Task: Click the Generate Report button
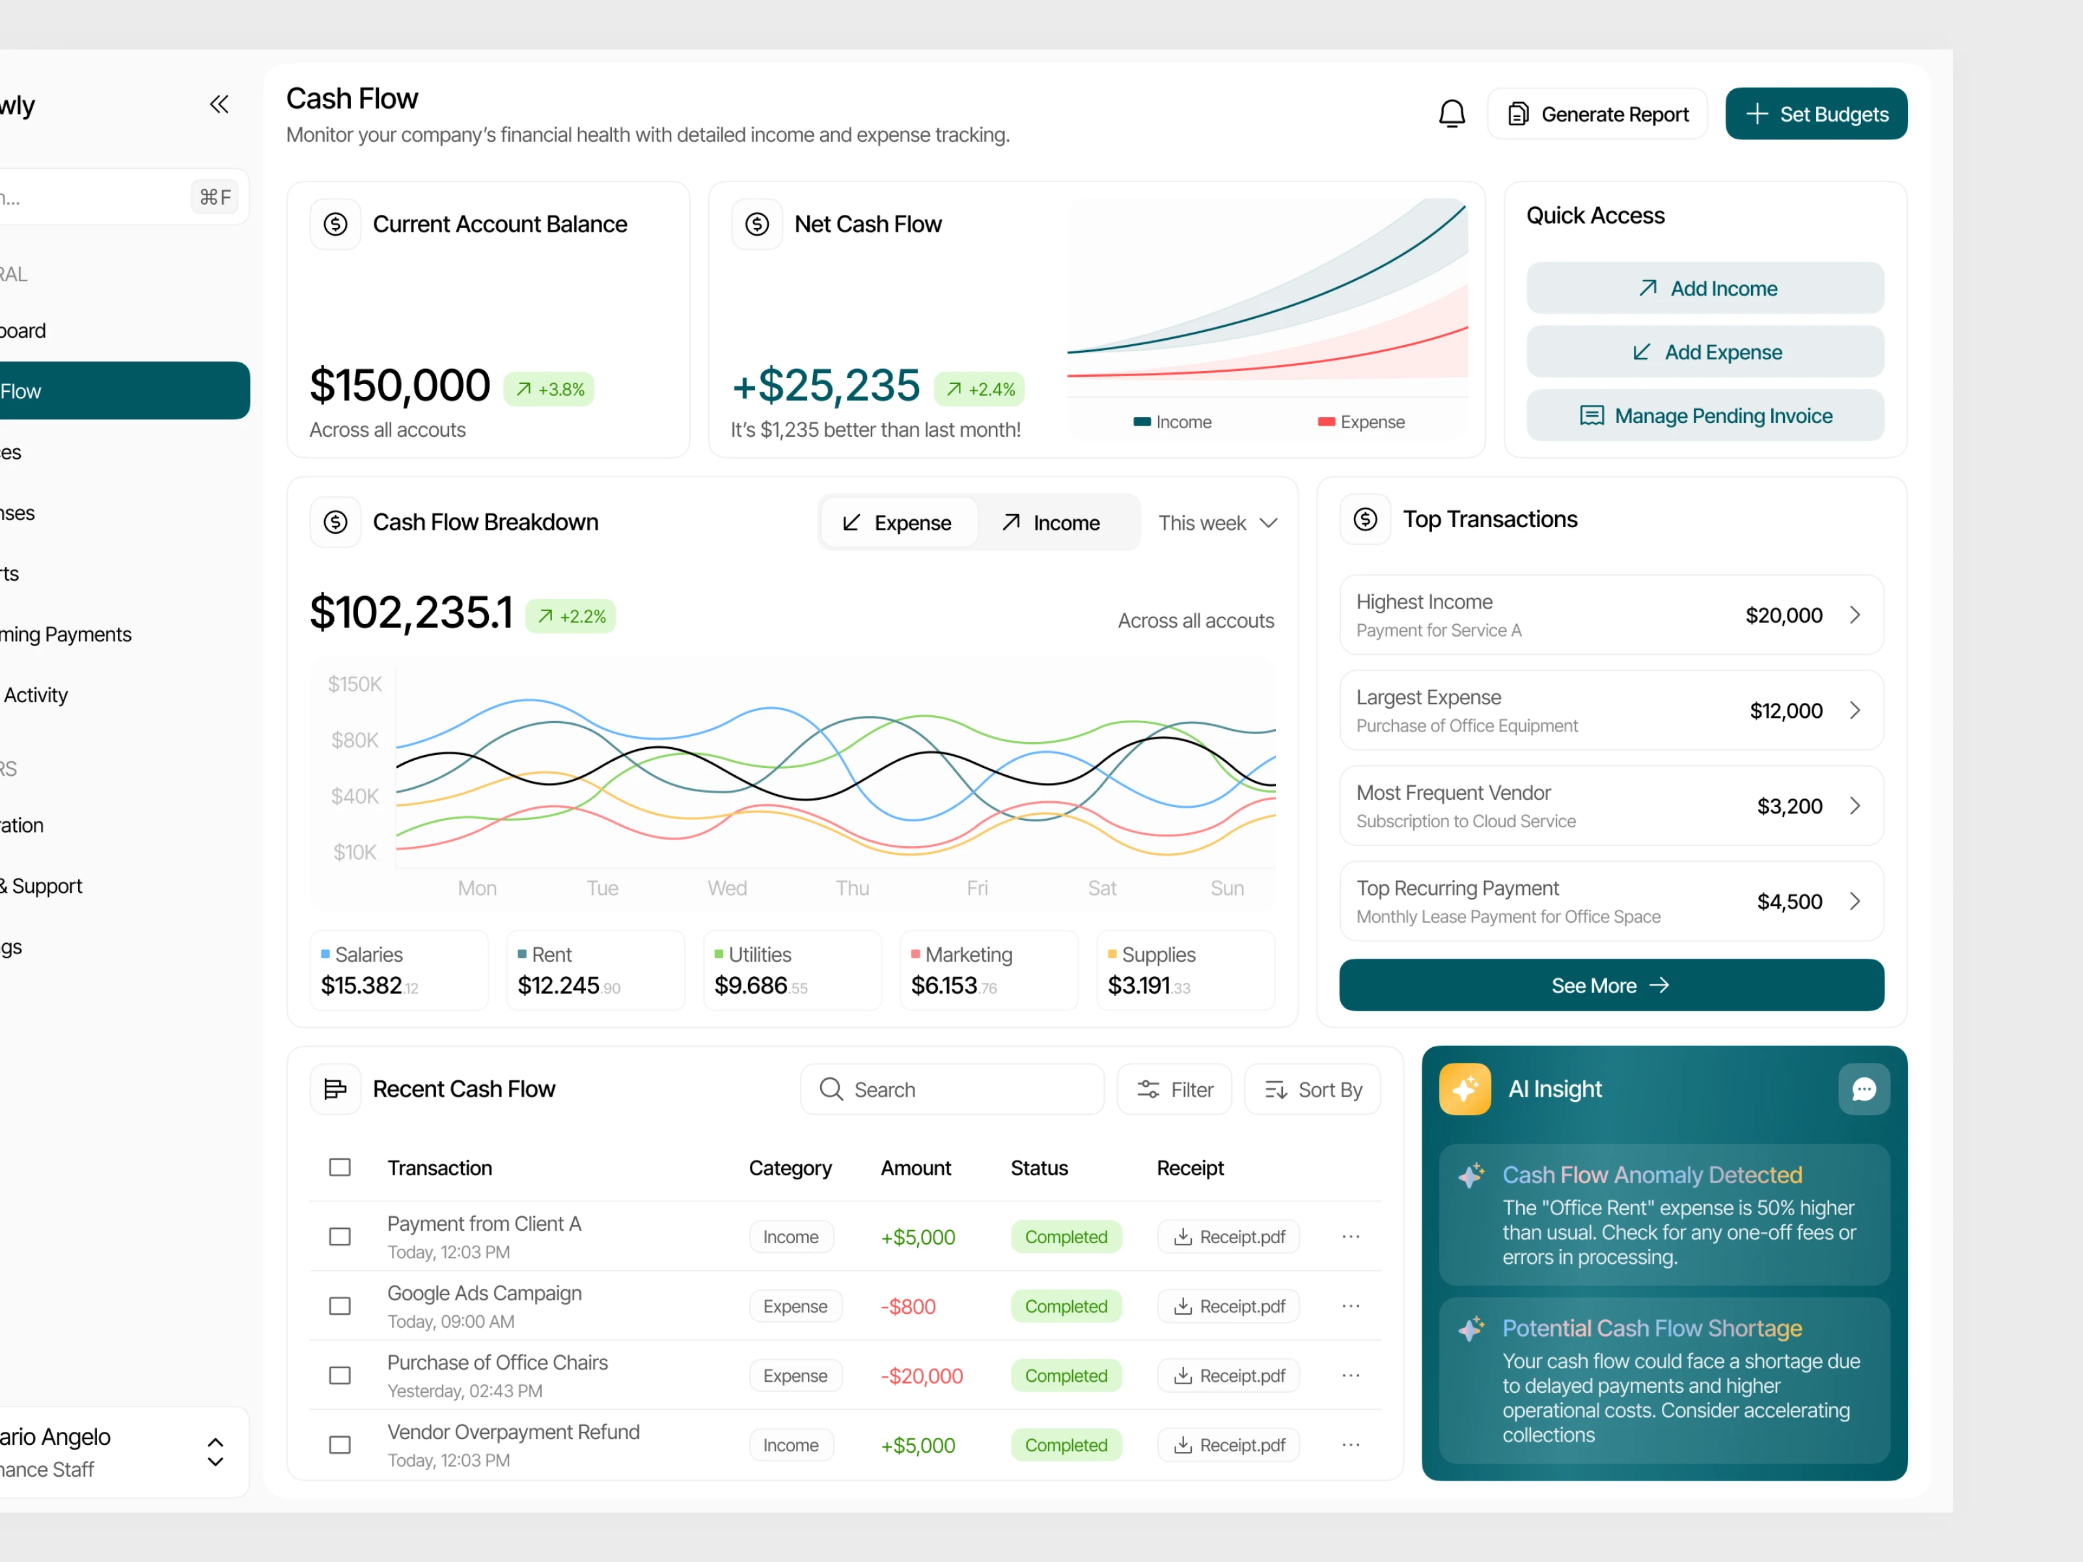(x=1597, y=114)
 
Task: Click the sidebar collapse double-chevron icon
(x=219, y=105)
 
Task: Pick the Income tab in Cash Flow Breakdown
(x=1051, y=523)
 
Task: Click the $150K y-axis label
(x=354, y=685)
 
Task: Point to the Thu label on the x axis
(x=852, y=888)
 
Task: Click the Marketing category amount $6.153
(x=945, y=986)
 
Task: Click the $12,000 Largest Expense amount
(x=1786, y=711)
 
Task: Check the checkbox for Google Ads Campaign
(x=340, y=1306)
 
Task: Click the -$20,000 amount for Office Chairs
(x=921, y=1377)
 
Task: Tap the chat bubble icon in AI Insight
(x=1864, y=1089)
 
